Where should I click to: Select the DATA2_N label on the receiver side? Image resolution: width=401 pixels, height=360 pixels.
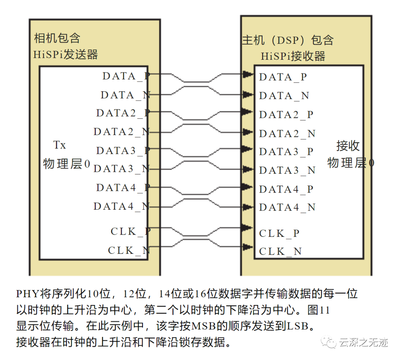[x=287, y=133]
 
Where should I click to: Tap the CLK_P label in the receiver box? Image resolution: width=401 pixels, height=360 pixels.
[x=279, y=233]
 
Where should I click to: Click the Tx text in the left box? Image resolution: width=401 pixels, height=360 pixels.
[x=59, y=145]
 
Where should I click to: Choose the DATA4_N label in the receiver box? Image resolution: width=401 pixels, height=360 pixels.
[x=287, y=207]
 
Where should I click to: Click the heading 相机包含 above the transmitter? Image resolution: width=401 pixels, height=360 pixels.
[x=57, y=38]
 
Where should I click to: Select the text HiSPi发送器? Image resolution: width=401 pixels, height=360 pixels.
[x=66, y=55]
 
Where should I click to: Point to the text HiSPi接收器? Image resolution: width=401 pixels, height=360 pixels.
[x=293, y=56]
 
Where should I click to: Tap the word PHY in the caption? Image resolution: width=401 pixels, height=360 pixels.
[x=27, y=294]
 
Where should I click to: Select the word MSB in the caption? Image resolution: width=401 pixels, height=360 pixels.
[x=201, y=326]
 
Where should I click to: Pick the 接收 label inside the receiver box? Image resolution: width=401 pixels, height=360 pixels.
[x=348, y=146]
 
